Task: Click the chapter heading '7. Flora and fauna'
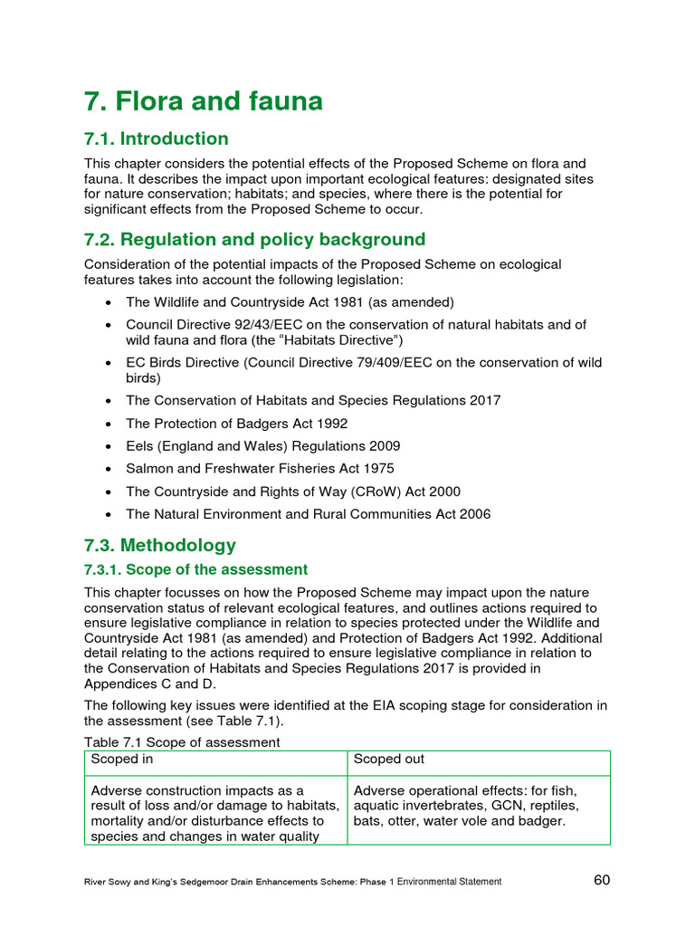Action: (x=204, y=101)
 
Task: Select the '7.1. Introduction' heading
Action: (x=157, y=139)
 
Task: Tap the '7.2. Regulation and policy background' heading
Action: (x=254, y=240)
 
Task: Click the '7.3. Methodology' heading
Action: (x=160, y=545)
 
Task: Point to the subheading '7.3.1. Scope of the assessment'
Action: (x=196, y=569)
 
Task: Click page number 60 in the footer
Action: (x=604, y=880)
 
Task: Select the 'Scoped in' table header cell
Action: (x=116, y=760)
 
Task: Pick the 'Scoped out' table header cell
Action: (x=389, y=760)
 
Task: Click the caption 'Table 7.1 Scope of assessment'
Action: (x=183, y=742)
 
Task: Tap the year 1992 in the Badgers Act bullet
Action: (x=331, y=424)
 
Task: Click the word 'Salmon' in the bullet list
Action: (x=148, y=469)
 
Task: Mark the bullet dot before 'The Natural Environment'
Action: (x=109, y=515)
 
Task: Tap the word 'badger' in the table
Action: (x=543, y=821)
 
